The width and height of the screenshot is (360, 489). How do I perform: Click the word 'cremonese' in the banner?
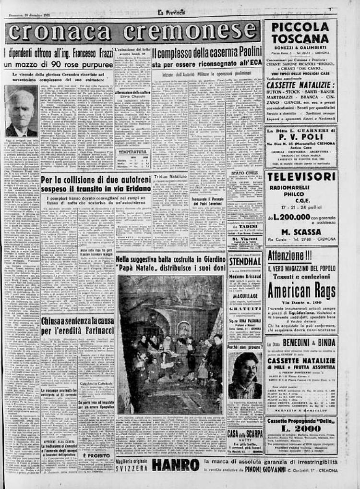coord(192,32)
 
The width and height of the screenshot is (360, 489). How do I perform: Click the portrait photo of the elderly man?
coord(21,111)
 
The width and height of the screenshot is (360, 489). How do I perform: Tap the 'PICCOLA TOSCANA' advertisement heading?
coord(300,33)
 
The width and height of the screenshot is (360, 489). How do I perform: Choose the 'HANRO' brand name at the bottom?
coord(175,465)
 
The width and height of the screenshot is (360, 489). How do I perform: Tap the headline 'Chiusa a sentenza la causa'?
coord(77,320)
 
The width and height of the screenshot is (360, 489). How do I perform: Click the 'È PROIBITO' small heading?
coord(96,455)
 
